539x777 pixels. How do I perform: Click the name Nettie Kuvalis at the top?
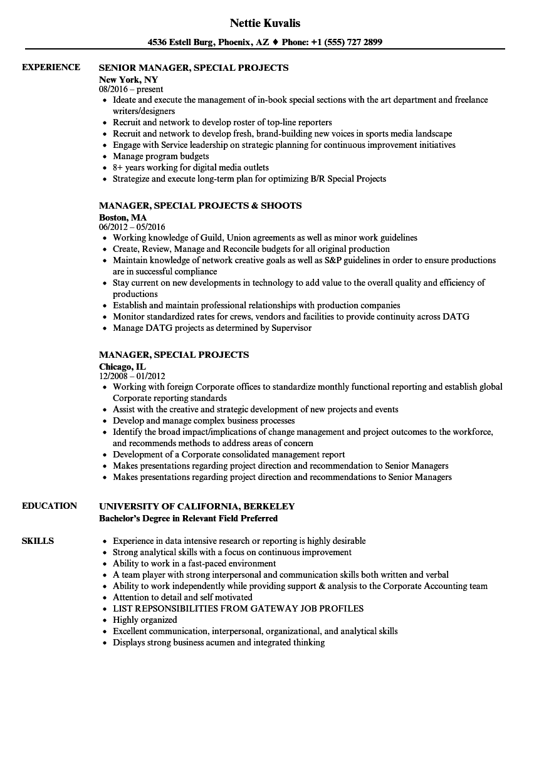coord(265,23)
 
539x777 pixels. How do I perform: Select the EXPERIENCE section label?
coord(51,67)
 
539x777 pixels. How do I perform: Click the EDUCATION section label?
coord(50,506)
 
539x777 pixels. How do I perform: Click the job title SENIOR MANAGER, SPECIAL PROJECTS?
coord(194,68)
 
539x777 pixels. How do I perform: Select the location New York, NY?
coord(128,80)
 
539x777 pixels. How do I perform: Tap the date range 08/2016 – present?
coord(131,89)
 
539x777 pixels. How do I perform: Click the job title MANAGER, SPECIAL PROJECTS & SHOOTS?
coord(200,206)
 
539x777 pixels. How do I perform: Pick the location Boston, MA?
coord(123,217)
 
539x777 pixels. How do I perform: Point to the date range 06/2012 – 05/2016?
coord(132,227)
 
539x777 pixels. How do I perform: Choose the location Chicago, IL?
coord(122,367)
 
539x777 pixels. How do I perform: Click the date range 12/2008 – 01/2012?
coord(132,376)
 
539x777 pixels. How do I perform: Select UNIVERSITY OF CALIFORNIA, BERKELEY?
coord(197,506)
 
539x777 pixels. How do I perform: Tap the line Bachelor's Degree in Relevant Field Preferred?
coord(188,518)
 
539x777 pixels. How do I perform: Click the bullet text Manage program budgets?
coord(160,156)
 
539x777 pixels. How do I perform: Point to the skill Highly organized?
coord(145,620)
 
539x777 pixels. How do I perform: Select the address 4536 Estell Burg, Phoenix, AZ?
coord(209,43)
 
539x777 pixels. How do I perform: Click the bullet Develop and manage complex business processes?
coord(204,420)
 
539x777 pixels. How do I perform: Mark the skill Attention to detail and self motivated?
coord(182,597)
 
